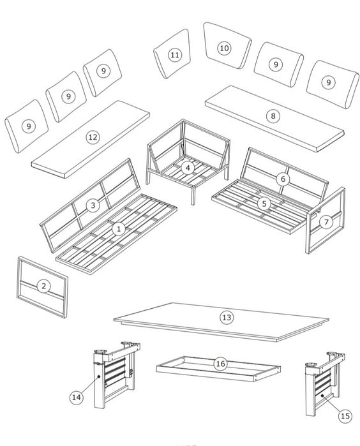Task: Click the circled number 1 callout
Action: pos(119,228)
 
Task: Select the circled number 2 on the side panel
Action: pos(43,286)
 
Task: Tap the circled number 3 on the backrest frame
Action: pos(93,205)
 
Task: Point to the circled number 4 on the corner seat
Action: pos(188,168)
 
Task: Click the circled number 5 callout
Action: pos(264,204)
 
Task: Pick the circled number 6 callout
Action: pos(283,179)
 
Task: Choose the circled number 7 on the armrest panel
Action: pos(326,222)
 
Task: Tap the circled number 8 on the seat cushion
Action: pos(273,116)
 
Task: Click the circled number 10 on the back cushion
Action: pos(224,48)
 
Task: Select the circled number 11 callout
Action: pos(175,55)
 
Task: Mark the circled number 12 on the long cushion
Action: pos(93,137)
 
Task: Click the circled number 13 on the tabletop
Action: pos(227,317)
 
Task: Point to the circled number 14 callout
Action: pos(77,397)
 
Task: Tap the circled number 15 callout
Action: pos(345,416)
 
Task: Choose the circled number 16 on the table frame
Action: pos(221,364)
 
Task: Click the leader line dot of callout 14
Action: pos(99,376)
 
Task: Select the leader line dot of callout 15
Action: pos(322,395)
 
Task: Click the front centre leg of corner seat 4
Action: pos(193,196)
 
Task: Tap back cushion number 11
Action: pos(172,54)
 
